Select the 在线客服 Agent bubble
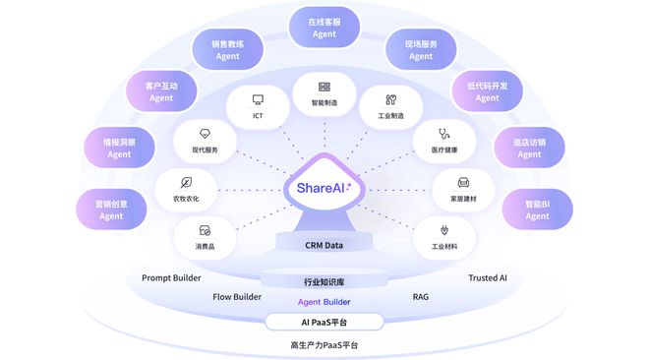[324, 28]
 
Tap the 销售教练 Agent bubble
[228, 50]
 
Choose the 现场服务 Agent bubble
[421, 50]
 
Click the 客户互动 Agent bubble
[161, 91]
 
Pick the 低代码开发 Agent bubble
[487, 91]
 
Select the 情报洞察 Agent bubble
[119, 149]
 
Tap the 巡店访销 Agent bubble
[529, 149]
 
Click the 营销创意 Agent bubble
[111, 210]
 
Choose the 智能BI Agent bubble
[537, 210]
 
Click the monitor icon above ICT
[258, 99]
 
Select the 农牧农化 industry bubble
[187, 189]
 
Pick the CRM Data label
[324, 245]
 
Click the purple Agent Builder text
[324, 301]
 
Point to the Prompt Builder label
[171, 278]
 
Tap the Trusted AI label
[488, 278]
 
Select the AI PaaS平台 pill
[324, 322]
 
